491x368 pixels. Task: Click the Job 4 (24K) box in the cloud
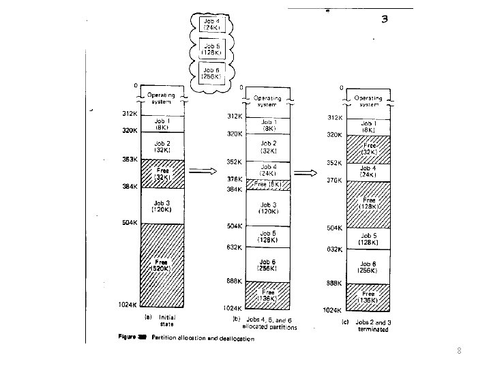[211, 25]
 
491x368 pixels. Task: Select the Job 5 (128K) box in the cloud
[211, 48]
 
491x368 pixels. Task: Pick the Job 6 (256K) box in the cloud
[211, 72]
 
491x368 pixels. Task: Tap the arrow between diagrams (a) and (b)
[203, 172]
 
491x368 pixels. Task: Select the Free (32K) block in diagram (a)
[162, 174]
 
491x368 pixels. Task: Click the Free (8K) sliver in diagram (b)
[267, 184]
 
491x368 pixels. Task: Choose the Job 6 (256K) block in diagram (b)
[267, 264]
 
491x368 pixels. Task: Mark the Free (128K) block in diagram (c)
[368, 204]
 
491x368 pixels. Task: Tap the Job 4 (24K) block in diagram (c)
[368, 172]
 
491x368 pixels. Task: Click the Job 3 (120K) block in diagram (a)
[162, 206]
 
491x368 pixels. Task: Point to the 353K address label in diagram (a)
[130, 159]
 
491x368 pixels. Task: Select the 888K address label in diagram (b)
[235, 281]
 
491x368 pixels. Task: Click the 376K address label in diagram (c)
[333, 180]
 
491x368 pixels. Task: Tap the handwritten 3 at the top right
[385, 19]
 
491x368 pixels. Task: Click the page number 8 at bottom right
[459, 352]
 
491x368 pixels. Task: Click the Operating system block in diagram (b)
[267, 101]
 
